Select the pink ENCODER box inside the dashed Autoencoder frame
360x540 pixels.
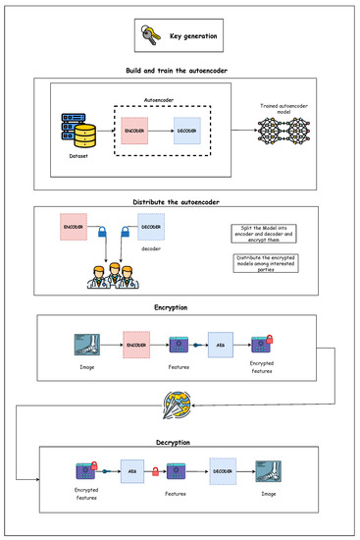coord(136,130)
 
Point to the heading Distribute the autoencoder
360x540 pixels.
coord(180,202)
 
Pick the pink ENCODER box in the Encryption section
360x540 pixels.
coord(136,345)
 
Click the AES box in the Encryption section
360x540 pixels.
coord(222,345)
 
